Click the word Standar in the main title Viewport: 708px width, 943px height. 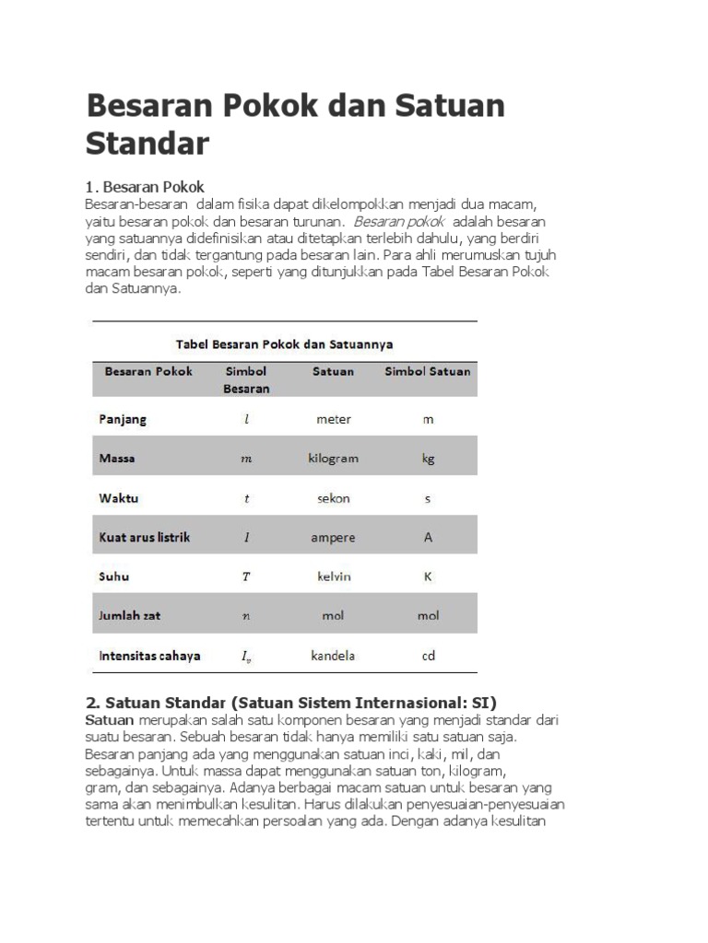pyautogui.click(x=147, y=144)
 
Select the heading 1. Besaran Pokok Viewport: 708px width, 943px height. pyautogui.click(x=145, y=186)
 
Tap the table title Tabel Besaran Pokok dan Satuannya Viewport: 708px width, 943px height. pyautogui.click(x=285, y=344)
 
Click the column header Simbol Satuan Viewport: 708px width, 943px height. pyautogui.click(x=427, y=372)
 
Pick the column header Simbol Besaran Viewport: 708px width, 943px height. pyautogui.click(x=246, y=379)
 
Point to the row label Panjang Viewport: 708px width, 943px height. pyautogui.click(x=123, y=419)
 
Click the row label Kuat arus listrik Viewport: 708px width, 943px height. pyautogui.click(x=145, y=537)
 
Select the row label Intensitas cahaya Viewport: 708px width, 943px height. pyautogui.click(x=149, y=657)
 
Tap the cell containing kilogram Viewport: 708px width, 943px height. pyautogui.click(x=333, y=459)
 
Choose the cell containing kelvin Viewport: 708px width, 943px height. pyautogui.click(x=333, y=577)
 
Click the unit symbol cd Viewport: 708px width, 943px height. pyautogui.click(x=428, y=657)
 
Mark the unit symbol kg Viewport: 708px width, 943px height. pyautogui.click(x=428, y=459)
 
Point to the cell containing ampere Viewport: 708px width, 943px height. pyautogui.click(x=333, y=538)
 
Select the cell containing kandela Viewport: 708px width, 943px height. pyautogui.click(x=333, y=657)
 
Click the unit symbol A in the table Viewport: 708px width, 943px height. pyautogui.click(x=428, y=538)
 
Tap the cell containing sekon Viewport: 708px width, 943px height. pyautogui.click(x=333, y=498)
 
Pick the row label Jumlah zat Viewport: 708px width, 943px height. pyautogui.click(x=131, y=616)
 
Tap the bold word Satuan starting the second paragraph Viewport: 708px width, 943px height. pyautogui.click(x=110, y=719)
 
